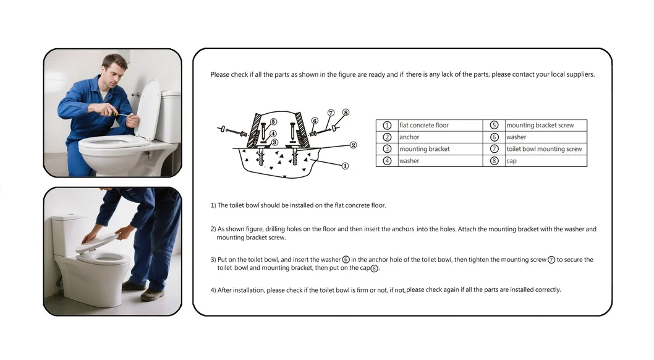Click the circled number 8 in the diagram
pos(346,113)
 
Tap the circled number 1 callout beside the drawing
pos(345,166)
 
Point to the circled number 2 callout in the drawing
pos(353,145)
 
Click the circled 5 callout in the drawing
pos(273,122)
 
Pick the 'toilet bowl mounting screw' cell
pos(544,149)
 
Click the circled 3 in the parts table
pos(387,149)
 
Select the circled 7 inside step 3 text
pos(551,260)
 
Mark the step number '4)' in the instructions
pos(213,290)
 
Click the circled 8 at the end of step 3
pos(374,268)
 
